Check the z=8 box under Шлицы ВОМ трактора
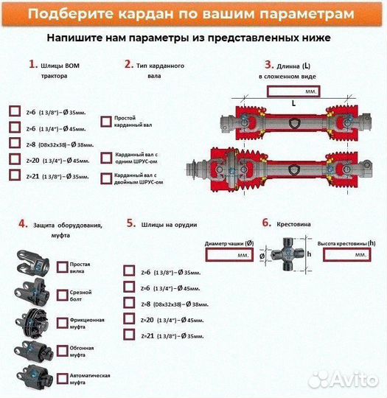[15, 143]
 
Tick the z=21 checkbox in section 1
[15, 175]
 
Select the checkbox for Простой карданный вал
[106, 120]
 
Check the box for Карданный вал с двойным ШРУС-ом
[106, 178]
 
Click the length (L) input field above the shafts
[293, 91]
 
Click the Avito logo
[343, 379]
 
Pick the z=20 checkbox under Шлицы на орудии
[130, 318]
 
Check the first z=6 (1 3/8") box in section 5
[130, 270]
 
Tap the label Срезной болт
[80, 296]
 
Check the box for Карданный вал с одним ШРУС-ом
[106, 158]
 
